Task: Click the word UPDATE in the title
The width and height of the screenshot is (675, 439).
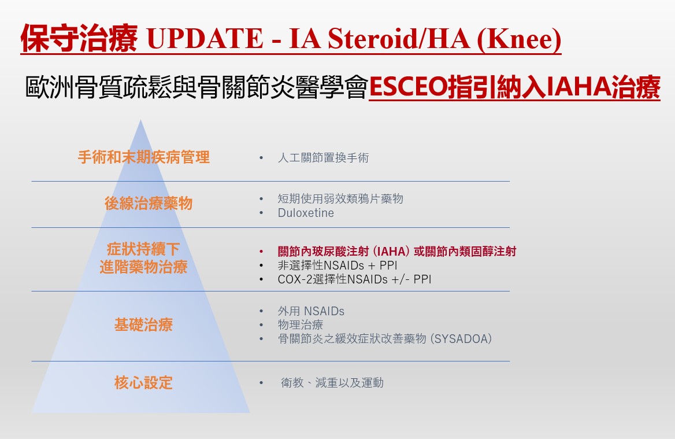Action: pyautogui.click(x=205, y=38)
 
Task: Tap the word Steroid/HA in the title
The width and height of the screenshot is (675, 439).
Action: pyautogui.click(x=398, y=38)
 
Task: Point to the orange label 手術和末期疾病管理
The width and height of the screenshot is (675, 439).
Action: pyautogui.click(x=144, y=157)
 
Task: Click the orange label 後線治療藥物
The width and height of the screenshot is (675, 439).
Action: pyautogui.click(x=149, y=204)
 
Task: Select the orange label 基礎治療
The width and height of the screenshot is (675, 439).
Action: pyautogui.click(x=143, y=324)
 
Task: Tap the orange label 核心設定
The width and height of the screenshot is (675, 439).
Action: pyautogui.click(x=143, y=382)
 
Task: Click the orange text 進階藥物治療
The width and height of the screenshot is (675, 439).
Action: pyautogui.click(x=143, y=267)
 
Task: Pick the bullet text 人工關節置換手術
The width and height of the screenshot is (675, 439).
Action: pyautogui.click(x=323, y=158)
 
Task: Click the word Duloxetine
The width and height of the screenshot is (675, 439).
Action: pyautogui.click(x=306, y=213)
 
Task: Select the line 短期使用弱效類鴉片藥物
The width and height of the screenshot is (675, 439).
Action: pyautogui.click(x=340, y=198)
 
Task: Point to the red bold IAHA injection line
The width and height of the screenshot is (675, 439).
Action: pyautogui.click(x=397, y=251)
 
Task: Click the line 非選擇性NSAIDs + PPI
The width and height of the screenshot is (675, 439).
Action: pyautogui.click(x=337, y=265)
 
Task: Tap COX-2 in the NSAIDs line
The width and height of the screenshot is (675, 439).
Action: pyautogui.click(x=295, y=279)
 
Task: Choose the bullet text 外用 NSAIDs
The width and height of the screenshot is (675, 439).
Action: pyautogui.click(x=311, y=311)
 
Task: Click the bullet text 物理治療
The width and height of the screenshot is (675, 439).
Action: pyautogui.click(x=301, y=325)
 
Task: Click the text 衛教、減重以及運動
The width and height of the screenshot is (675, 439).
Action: pyautogui.click(x=332, y=382)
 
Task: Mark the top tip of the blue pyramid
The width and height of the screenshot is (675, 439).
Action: pyautogui.click(x=140, y=120)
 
